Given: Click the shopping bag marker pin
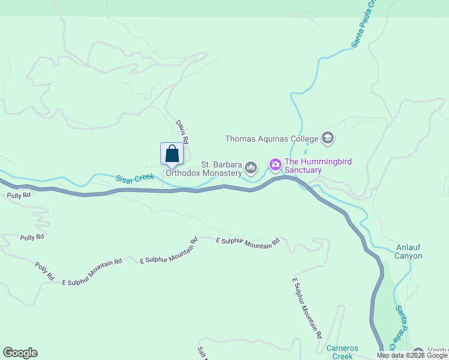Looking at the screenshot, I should coord(172,154).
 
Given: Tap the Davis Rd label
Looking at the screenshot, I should coord(182,131).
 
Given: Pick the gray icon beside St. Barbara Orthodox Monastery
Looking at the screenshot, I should coord(251,167).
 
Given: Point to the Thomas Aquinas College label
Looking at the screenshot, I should coord(271,139).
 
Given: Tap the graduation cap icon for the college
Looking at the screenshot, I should coord(327,139).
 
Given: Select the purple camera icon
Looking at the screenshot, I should coord(275,164).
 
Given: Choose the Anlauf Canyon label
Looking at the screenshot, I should coord(409,251).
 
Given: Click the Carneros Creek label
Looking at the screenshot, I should coord(342,352).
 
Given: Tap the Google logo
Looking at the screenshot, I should coord(20,353).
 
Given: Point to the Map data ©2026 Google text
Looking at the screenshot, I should coord(412,355).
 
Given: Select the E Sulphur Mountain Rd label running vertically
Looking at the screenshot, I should coord(307,307).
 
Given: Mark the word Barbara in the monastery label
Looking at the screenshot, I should coord(228,164).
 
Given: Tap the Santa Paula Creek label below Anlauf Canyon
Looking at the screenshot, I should coord(401,328).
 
